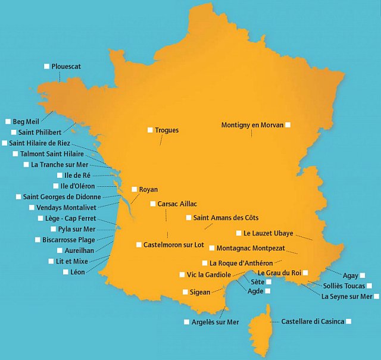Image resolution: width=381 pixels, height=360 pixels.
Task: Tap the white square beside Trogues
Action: tap(150, 130)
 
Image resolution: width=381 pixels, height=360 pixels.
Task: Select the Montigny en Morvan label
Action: tap(252, 125)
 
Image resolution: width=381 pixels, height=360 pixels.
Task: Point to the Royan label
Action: tap(148, 189)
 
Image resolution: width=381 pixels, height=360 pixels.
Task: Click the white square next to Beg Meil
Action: tap(8, 121)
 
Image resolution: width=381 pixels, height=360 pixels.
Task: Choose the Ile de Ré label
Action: tap(77, 176)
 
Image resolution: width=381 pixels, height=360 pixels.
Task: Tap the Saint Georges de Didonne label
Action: tap(62, 196)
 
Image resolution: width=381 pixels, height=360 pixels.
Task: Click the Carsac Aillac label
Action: tap(177, 204)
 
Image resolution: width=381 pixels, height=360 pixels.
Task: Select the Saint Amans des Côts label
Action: tap(226, 218)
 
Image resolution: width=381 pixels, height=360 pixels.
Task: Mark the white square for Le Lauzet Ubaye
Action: tap(238, 233)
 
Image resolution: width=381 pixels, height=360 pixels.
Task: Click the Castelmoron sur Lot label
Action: tap(173, 245)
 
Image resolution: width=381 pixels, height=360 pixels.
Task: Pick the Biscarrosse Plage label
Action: tap(68, 240)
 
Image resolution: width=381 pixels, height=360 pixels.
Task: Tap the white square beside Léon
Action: tap(65, 272)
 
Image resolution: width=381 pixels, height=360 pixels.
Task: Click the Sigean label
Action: tap(200, 292)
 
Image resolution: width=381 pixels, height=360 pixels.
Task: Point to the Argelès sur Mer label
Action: tap(215, 322)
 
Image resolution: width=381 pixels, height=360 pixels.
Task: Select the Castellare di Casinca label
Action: tap(313, 321)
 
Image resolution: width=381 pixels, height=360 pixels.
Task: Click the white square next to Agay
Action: tap(363, 276)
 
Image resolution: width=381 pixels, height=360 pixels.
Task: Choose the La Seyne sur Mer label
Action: tap(346, 296)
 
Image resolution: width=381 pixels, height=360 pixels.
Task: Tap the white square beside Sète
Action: tap(268, 281)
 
